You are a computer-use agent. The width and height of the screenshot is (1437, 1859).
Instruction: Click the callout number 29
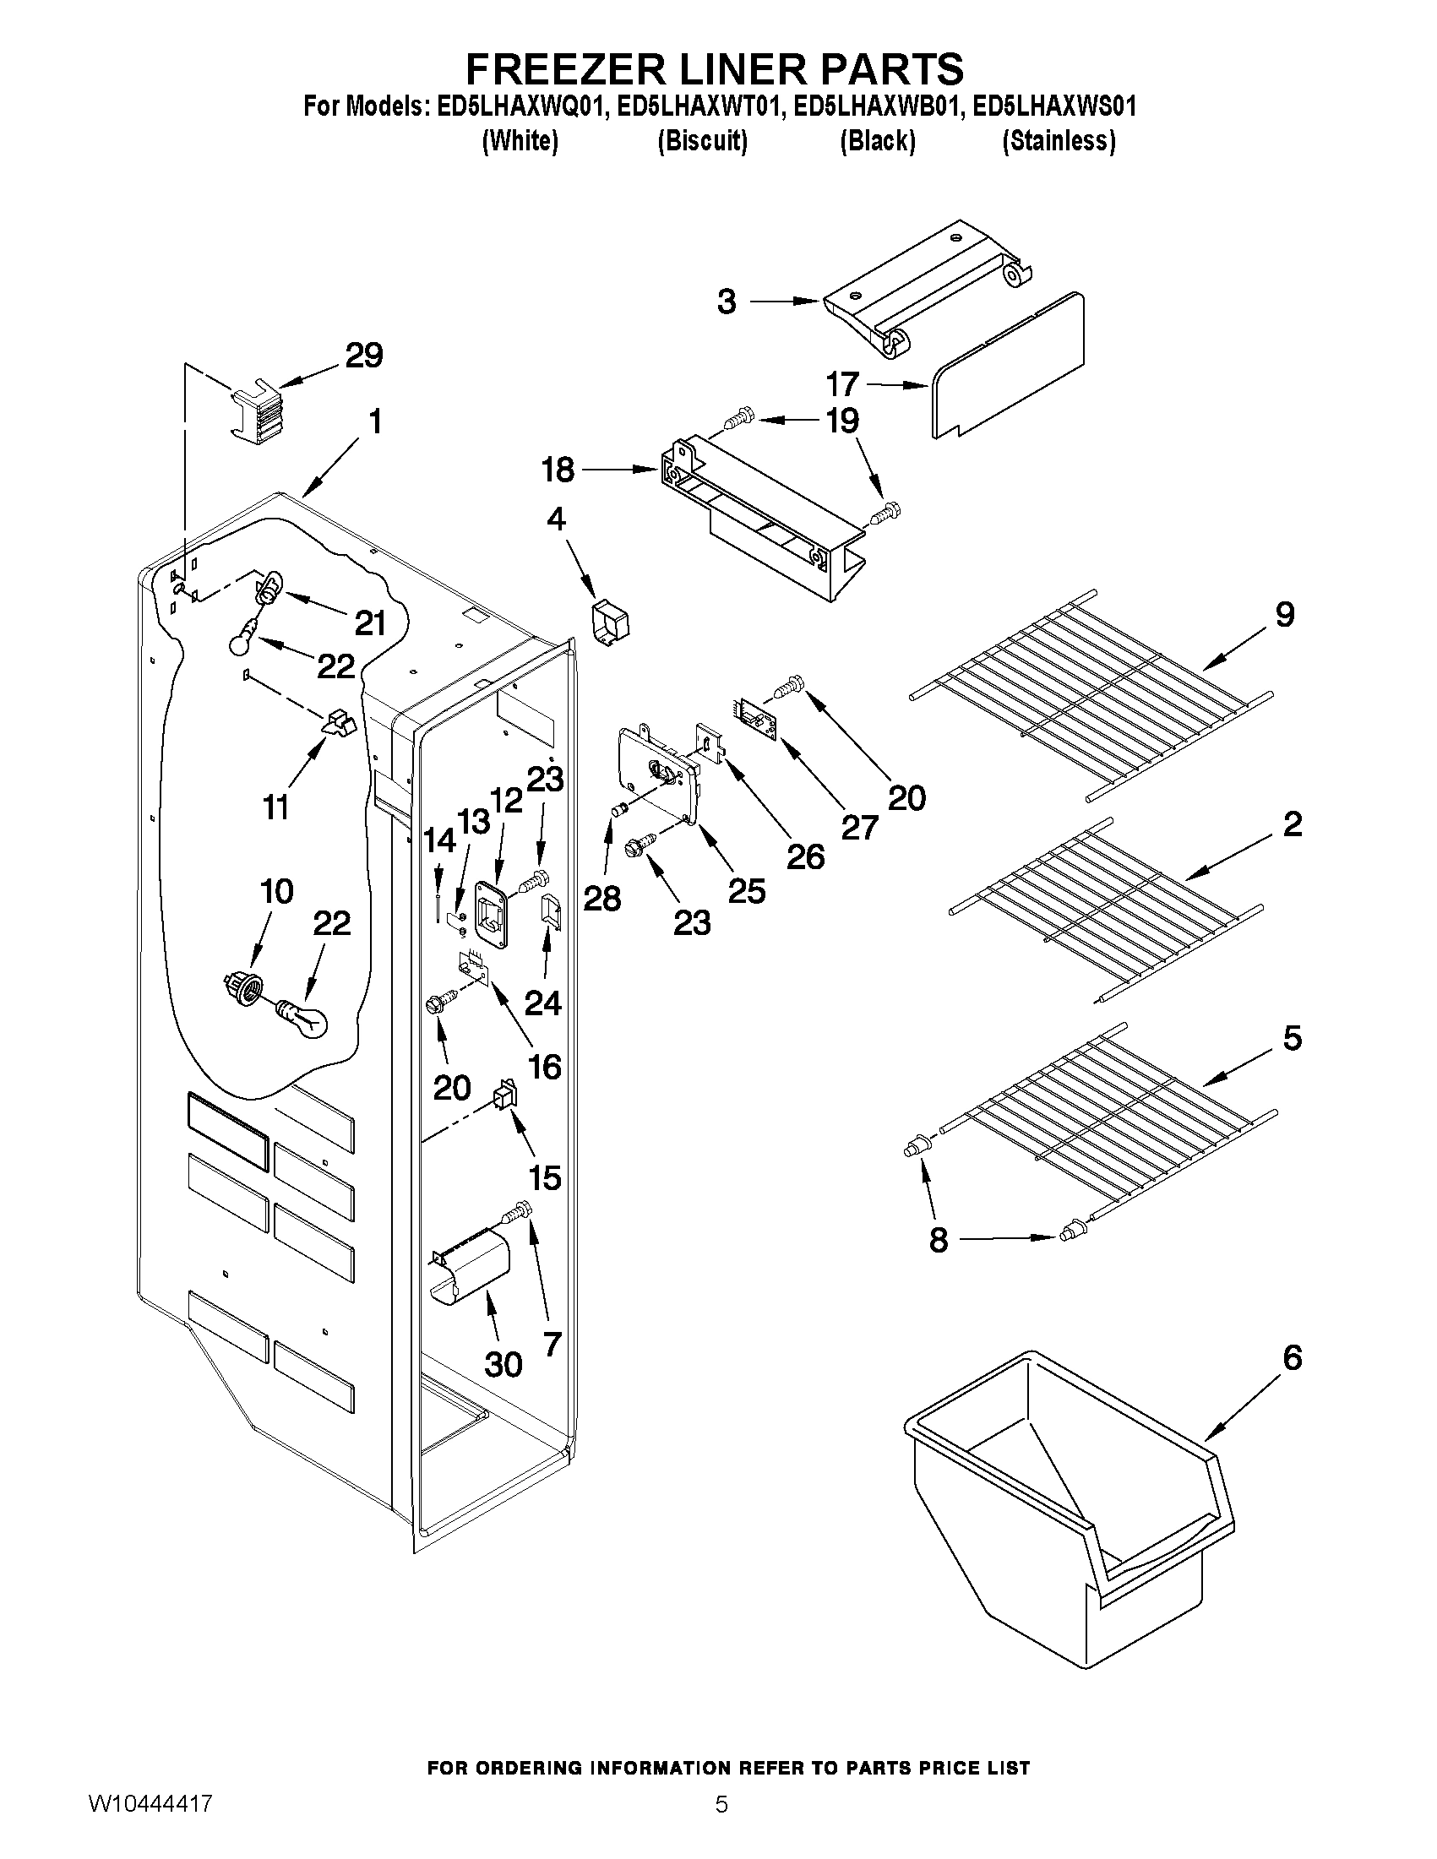click(363, 355)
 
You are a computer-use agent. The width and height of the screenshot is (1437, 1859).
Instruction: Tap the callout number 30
click(503, 1365)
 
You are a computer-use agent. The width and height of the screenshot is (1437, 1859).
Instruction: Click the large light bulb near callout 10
click(302, 1016)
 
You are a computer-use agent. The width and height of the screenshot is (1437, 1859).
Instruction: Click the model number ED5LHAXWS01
click(1054, 106)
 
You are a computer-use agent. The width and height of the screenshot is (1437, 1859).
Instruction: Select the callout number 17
click(842, 385)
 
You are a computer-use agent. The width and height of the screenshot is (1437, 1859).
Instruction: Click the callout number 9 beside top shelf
click(1285, 614)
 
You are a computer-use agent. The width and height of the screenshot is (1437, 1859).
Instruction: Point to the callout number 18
click(558, 469)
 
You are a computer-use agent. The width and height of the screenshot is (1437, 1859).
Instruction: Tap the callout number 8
click(938, 1240)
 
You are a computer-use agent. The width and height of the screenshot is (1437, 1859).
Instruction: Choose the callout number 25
click(747, 891)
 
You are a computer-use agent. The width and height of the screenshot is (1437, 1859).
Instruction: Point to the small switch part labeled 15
click(506, 1094)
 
